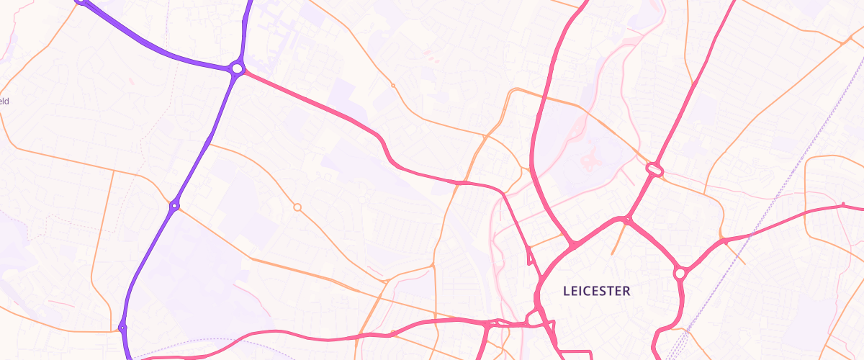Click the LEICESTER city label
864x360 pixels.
pyautogui.click(x=596, y=292)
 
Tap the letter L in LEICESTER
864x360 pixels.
pyautogui.click(x=566, y=292)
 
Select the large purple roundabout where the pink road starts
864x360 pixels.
pyautogui.click(x=237, y=68)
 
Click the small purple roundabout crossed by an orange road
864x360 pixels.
pyautogui.click(x=174, y=206)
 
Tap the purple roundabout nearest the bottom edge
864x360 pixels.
pyautogui.click(x=122, y=328)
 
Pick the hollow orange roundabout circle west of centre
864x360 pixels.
pyautogui.click(x=297, y=207)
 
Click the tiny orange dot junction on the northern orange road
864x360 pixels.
pyautogui.click(x=393, y=86)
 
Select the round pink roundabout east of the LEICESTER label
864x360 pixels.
pyautogui.click(x=680, y=274)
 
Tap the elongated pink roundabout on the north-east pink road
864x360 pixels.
pyautogui.click(x=654, y=169)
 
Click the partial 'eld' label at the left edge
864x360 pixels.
pyautogui.click(x=4, y=102)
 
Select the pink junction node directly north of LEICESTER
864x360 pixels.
pyautogui.click(x=627, y=219)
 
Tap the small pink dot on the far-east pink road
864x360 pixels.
pyautogui.click(x=842, y=206)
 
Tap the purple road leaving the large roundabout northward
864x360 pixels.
pyautogui.click(x=246, y=29)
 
